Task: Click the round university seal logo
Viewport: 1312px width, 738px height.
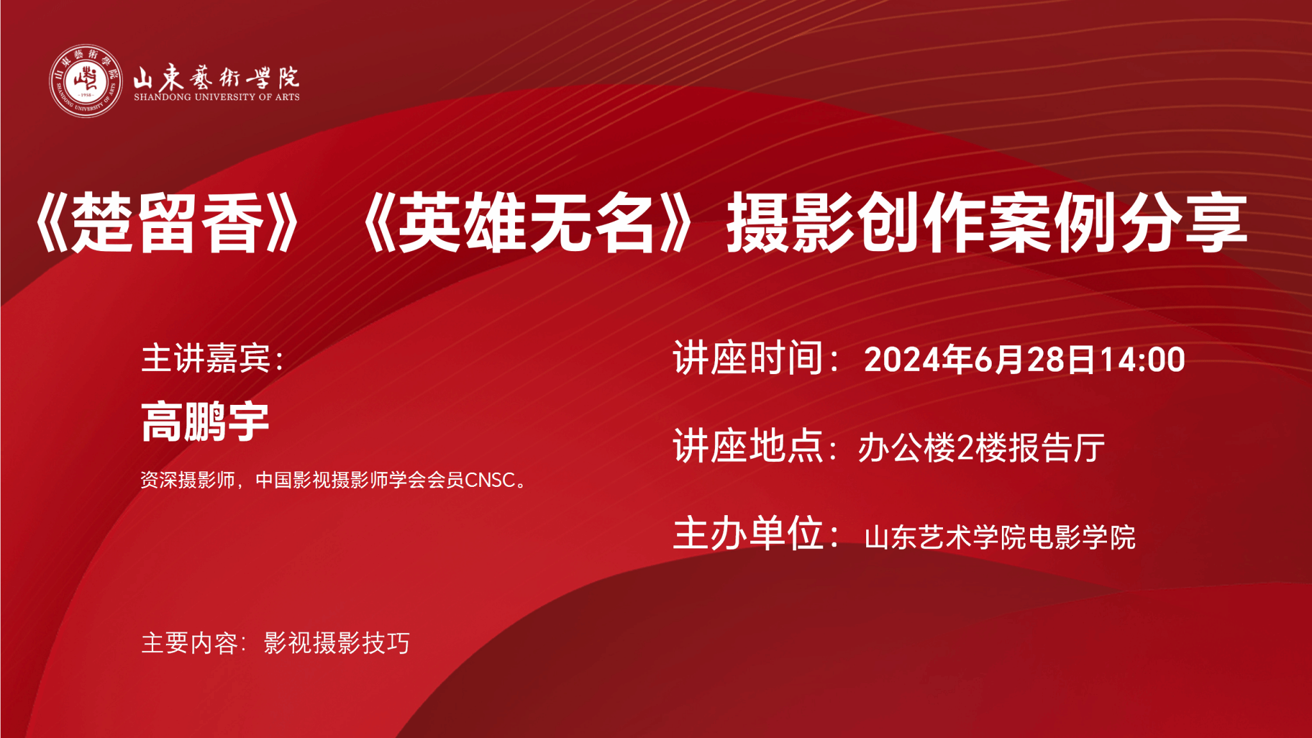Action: [86, 81]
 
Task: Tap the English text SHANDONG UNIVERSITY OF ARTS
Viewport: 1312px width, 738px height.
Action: [217, 97]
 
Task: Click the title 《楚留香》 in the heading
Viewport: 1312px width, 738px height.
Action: [166, 222]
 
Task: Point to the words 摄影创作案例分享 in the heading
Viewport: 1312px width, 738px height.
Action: [987, 222]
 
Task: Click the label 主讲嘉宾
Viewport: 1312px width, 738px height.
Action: [206, 357]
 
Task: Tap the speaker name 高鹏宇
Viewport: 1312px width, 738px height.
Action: [205, 422]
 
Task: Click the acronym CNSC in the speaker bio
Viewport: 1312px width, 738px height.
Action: [490, 480]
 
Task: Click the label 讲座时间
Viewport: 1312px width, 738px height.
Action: [748, 357]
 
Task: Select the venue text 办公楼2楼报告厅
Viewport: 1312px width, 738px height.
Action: [981, 447]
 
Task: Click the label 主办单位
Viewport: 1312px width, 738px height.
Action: [748, 533]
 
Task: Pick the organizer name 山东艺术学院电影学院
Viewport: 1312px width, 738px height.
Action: [1000, 537]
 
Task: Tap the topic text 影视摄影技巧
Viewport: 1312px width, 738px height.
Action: [337, 643]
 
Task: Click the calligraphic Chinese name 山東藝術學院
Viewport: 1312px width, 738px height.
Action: [216, 77]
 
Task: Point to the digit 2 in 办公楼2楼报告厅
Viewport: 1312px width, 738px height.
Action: [965, 448]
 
